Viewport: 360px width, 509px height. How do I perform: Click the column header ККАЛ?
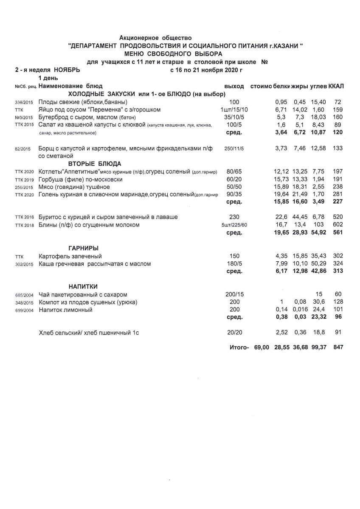pyautogui.click(x=336, y=86)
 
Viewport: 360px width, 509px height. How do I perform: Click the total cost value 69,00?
pyautogui.click(x=262, y=347)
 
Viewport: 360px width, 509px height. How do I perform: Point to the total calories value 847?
pyautogui.click(x=338, y=347)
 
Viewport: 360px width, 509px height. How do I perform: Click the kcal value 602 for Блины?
pyautogui.click(x=338, y=225)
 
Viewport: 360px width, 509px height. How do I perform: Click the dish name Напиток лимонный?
pyautogui.click(x=65, y=310)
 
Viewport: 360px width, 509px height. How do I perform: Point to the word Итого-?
pyautogui.click(x=239, y=347)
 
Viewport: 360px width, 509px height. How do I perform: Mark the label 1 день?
pyautogui.click(x=49, y=78)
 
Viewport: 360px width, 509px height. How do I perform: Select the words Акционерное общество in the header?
pyautogui.click(x=155, y=39)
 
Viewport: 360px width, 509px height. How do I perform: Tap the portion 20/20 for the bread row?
pyautogui.click(x=234, y=333)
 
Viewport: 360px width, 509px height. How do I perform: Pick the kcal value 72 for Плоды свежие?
pyautogui.click(x=338, y=102)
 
